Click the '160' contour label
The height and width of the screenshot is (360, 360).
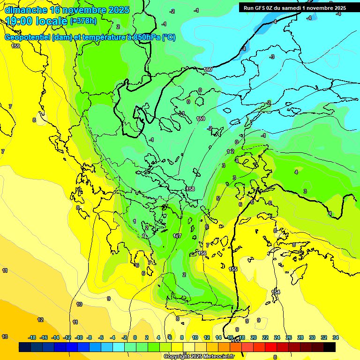coord(208,69)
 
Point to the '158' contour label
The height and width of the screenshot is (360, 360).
coord(190,189)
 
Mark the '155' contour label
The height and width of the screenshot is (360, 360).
coord(233,269)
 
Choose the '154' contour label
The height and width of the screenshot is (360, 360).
coord(276,292)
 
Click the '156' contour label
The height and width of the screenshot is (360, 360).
coord(202,253)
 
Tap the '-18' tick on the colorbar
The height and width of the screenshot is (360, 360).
coord(32,337)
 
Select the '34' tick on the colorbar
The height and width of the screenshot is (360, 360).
coord(335,337)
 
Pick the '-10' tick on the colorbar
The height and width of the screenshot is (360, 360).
coord(79,337)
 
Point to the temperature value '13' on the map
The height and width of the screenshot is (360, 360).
coord(5,337)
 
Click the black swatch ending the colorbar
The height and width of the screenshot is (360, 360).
coord(329,347)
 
